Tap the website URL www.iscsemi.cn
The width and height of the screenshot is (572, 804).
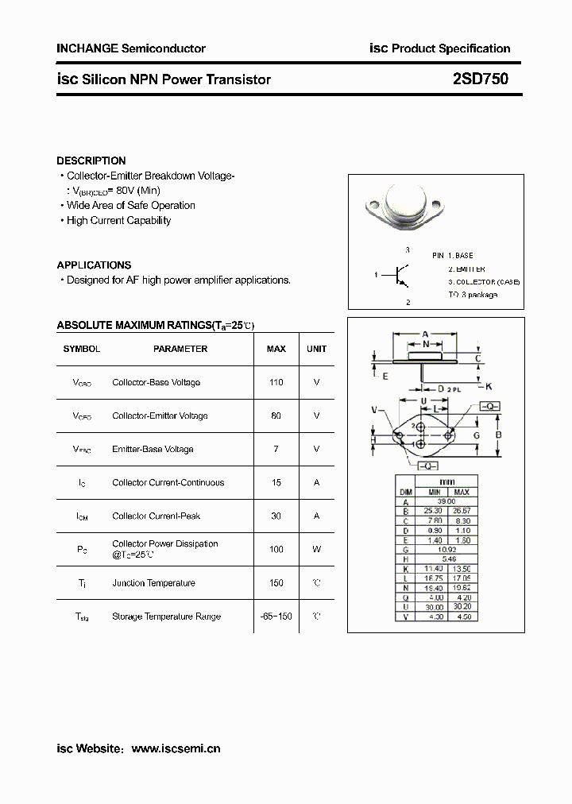coord(176,748)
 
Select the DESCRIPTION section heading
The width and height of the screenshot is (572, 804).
coord(91,160)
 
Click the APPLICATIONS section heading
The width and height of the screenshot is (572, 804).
coord(94,265)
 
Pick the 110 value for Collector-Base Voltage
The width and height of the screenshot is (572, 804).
coord(276,383)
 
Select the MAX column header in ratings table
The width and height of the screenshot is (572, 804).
coord(276,349)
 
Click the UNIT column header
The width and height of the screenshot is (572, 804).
coord(316,349)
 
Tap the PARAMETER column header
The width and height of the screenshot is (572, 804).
coord(180,349)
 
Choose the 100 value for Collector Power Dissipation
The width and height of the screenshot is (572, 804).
coord(276,549)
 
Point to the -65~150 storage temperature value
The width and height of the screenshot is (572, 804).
coord(276,617)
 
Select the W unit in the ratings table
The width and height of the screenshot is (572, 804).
coord(316,549)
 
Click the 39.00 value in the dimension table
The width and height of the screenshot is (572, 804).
coord(446,501)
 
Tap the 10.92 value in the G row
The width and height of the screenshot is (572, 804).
coord(446,549)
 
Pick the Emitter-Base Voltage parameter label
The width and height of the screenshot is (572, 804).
coord(153,450)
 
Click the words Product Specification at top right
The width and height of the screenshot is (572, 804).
coord(451,48)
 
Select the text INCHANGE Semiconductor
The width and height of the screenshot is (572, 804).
coord(131,48)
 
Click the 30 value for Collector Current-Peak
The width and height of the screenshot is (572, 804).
coord(276,516)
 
